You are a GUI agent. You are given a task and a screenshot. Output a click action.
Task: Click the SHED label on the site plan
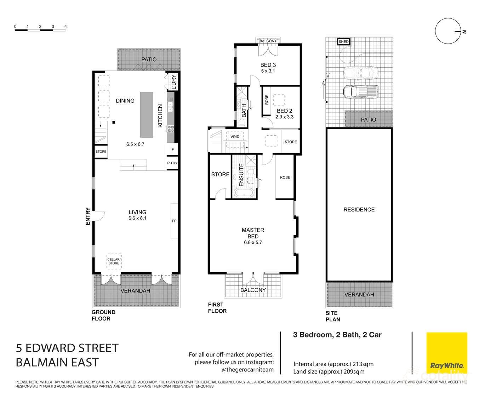pos(343,42)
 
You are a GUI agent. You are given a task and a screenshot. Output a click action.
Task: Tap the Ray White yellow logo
pos(446,352)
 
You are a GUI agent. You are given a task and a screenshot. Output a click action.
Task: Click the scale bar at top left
pos(40,30)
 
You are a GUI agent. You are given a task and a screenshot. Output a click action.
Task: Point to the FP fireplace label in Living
pos(174,221)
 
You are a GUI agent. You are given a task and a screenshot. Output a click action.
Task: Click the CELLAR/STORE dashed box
pos(114,261)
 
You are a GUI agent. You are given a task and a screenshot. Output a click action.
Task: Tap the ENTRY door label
pos(88,216)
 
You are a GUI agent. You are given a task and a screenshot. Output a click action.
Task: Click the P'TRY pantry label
pos(172,163)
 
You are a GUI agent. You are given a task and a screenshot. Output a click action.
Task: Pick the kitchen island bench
pos(147,114)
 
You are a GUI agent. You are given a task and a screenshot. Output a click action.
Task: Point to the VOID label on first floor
pos(235,137)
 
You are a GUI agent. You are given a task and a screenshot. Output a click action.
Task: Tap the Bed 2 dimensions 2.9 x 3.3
pos(285,117)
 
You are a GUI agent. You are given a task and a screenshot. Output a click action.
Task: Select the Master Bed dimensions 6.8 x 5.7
pos(253,243)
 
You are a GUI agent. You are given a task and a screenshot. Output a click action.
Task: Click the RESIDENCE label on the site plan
pos(359,210)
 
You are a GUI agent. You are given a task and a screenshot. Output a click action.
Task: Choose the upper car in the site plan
pos(360,73)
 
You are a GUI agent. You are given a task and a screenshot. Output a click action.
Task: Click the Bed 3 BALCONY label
pos(268,41)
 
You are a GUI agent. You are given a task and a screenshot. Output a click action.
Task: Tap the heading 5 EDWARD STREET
pos(67,348)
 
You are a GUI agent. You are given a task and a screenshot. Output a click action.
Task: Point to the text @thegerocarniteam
pos(247,370)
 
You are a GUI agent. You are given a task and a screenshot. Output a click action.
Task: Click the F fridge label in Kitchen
pos(173,149)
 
